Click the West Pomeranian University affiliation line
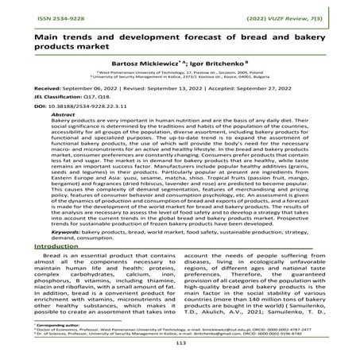179,93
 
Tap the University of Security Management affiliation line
179,99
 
